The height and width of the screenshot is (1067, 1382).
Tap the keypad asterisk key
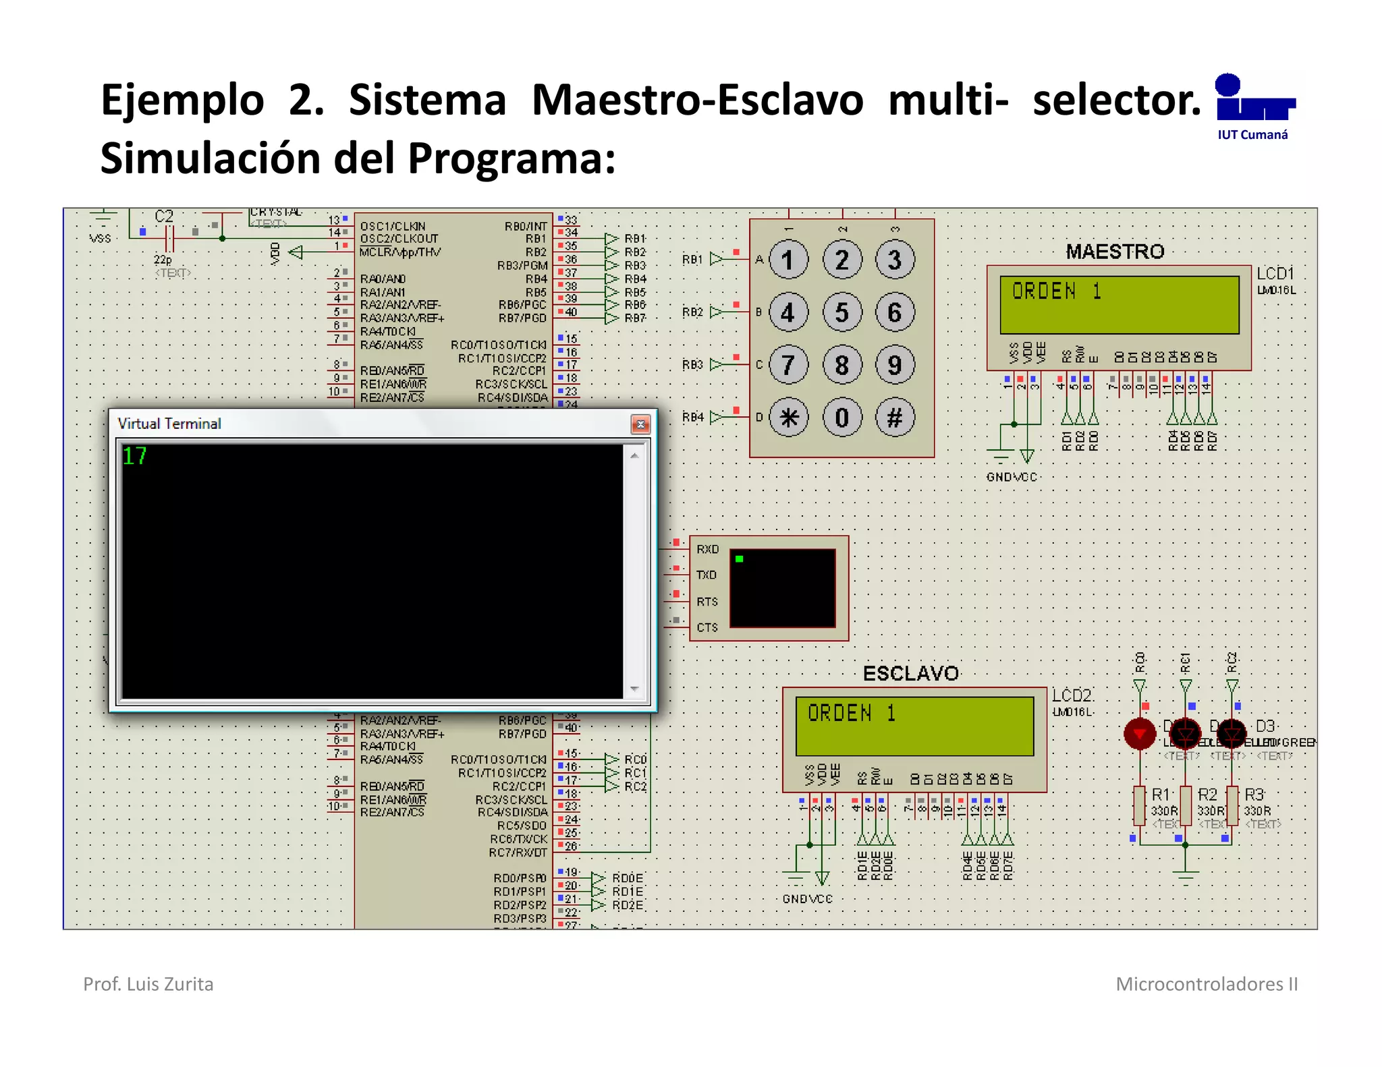pos(789,417)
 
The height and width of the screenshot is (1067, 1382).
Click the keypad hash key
pos(895,417)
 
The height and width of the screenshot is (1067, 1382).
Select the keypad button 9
pos(895,365)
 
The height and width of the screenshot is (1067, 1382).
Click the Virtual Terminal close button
pos(640,424)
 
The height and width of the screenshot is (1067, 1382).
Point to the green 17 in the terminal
pos(135,457)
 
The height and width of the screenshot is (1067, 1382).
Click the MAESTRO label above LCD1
pos(1115,252)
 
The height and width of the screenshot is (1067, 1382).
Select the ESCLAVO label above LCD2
pos(910,673)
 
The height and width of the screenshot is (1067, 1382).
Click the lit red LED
pos(1140,734)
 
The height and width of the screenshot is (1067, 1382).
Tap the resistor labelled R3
pos(1232,806)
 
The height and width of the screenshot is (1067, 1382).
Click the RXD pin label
pos(707,550)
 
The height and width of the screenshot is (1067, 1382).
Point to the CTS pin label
pos(707,628)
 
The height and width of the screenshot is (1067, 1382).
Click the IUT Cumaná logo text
pos(1252,135)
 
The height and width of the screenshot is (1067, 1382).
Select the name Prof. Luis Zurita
pos(148,984)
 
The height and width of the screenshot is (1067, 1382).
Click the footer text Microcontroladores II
pos(1207,984)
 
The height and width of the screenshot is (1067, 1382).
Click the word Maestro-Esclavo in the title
pos(697,100)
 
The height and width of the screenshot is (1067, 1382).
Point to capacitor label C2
pos(164,217)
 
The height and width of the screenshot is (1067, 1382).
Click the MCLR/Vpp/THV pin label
pos(400,252)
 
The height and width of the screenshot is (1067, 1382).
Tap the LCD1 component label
pos(1275,273)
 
